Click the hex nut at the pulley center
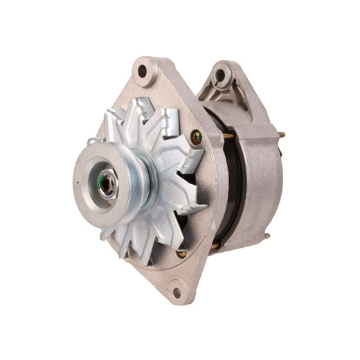[109, 183]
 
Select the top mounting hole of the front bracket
[143, 71]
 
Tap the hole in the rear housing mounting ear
[220, 74]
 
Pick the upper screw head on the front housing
[197, 136]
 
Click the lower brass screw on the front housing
[181, 253]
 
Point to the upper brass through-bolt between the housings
[227, 136]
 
